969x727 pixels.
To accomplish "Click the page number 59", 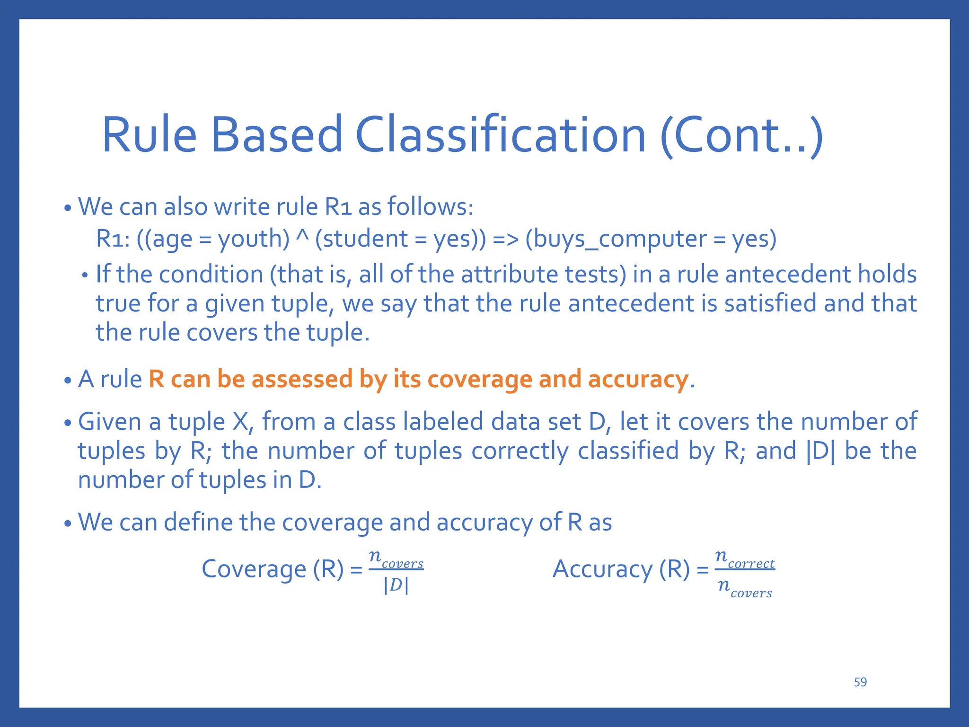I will click(860, 682).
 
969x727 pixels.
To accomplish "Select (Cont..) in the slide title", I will click(741, 136).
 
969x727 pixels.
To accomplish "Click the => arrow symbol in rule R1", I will click(505, 239).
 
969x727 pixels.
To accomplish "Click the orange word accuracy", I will click(638, 380).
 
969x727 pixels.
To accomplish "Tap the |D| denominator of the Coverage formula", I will click(396, 585).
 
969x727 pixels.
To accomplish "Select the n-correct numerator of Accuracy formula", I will click(745, 559).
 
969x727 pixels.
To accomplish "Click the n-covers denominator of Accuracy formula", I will click(745, 588).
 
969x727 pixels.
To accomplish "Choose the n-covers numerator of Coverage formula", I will click(396, 559).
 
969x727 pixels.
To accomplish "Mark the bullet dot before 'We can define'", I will click(68, 524).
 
